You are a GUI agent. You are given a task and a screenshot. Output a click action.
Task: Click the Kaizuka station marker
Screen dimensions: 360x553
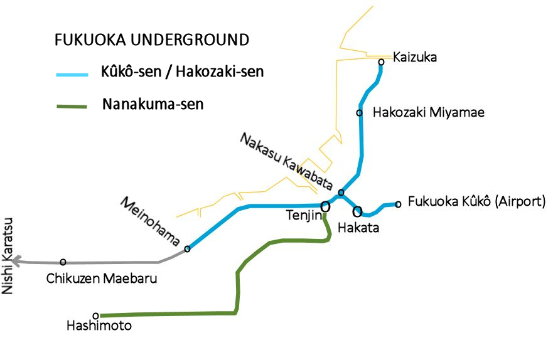(381, 61)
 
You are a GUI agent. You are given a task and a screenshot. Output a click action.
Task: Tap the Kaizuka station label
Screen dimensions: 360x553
(414, 58)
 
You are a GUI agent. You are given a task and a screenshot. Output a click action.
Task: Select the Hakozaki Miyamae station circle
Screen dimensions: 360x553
(359, 113)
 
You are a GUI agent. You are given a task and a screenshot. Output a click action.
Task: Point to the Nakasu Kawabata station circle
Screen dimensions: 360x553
(341, 193)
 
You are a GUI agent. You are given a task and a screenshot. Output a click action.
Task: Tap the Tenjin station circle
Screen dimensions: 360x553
(325, 206)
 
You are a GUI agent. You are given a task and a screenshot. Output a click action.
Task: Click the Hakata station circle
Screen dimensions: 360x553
(357, 211)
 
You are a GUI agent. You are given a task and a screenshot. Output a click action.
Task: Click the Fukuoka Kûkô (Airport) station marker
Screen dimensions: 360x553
(398, 204)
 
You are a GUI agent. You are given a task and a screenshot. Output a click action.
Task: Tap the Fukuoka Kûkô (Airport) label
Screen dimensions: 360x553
(476, 202)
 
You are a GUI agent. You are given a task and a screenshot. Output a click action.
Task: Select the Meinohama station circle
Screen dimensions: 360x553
(187, 249)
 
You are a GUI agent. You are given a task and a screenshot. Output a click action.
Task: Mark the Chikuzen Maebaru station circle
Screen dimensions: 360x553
(63, 262)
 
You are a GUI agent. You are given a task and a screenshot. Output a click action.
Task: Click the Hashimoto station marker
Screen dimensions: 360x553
(95, 315)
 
